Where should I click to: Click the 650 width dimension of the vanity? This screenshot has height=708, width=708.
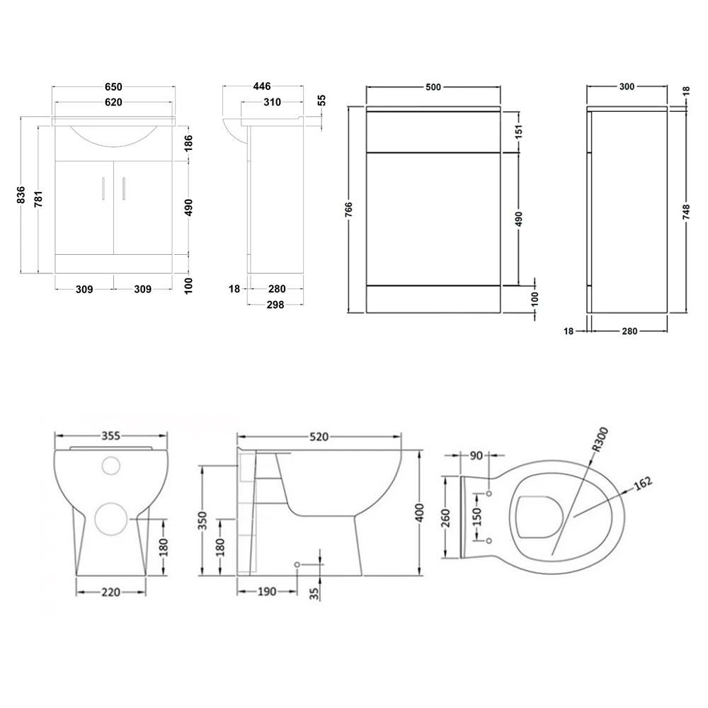tap(113, 86)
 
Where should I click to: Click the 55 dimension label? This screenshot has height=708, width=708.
tap(322, 101)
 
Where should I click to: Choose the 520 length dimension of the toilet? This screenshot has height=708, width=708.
tap(319, 438)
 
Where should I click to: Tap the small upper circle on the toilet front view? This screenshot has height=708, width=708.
tap(111, 466)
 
